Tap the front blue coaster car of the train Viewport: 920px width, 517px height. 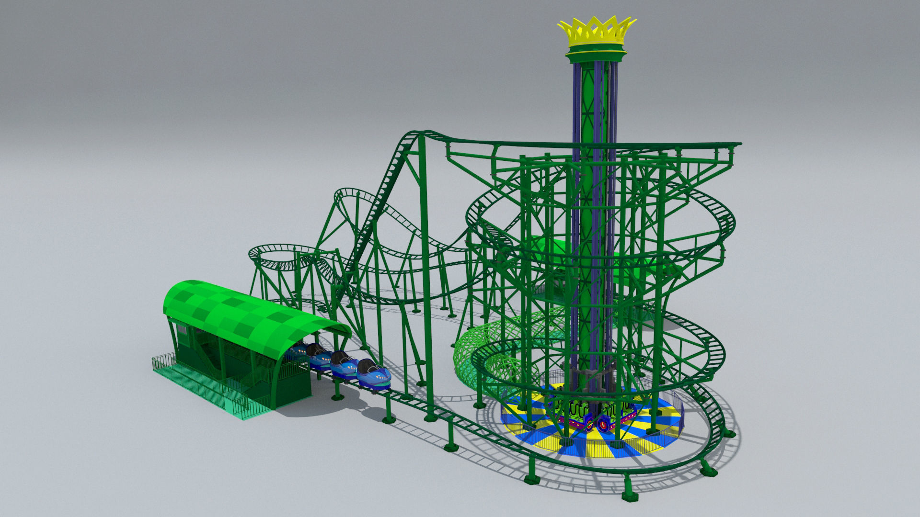(374, 374)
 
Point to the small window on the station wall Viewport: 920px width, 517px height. (181, 330)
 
